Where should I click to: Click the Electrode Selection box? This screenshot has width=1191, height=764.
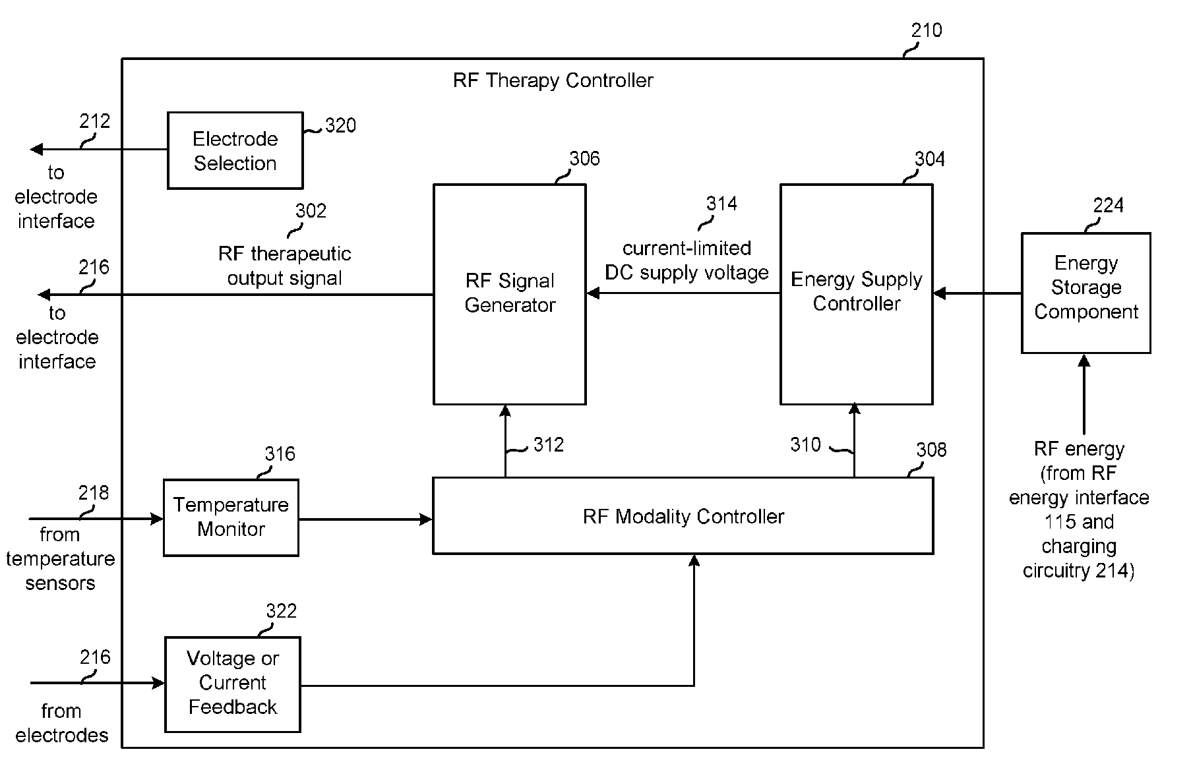(x=235, y=150)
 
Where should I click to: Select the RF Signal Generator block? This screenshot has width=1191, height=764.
(x=509, y=294)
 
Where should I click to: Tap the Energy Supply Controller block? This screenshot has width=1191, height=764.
(x=856, y=294)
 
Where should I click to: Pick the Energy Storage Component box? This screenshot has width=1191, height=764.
(x=1085, y=293)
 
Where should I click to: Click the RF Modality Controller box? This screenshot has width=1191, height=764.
(x=683, y=515)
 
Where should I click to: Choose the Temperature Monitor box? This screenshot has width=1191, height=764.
(x=231, y=517)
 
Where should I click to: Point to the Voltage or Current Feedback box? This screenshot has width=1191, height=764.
(x=232, y=684)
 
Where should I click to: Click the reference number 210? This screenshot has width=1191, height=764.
(x=927, y=30)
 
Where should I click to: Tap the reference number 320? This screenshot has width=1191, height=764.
(x=340, y=126)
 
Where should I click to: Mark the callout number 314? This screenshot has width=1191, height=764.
(x=721, y=204)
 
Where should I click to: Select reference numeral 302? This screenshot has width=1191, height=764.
(x=311, y=211)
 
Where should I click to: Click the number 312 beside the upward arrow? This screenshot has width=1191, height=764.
(x=549, y=445)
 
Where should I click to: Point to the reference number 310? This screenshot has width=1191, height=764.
(x=806, y=445)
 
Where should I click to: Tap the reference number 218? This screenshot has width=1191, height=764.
(x=94, y=493)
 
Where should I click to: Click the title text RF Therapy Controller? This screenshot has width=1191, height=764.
(x=553, y=80)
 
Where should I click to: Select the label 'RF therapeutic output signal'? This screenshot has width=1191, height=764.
(x=284, y=266)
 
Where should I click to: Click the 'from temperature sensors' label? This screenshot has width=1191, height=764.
(x=60, y=558)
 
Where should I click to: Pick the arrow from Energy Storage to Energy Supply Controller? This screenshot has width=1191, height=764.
(x=977, y=293)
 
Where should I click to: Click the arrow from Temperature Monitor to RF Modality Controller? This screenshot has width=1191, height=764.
(x=365, y=519)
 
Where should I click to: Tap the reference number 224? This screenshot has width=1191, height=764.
(x=1108, y=206)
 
